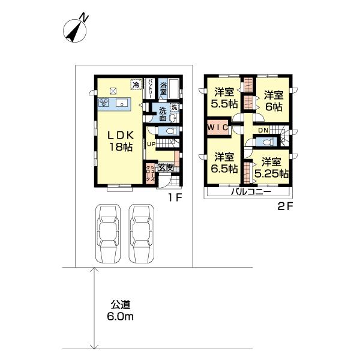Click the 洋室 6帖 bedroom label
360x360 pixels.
[x=273, y=101]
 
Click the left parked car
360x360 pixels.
[x=108, y=233]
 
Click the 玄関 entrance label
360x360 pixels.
[x=166, y=167]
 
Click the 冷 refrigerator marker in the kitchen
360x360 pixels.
[x=136, y=86]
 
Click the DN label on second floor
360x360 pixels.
[x=263, y=130]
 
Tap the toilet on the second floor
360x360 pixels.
[x=267, y=142]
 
